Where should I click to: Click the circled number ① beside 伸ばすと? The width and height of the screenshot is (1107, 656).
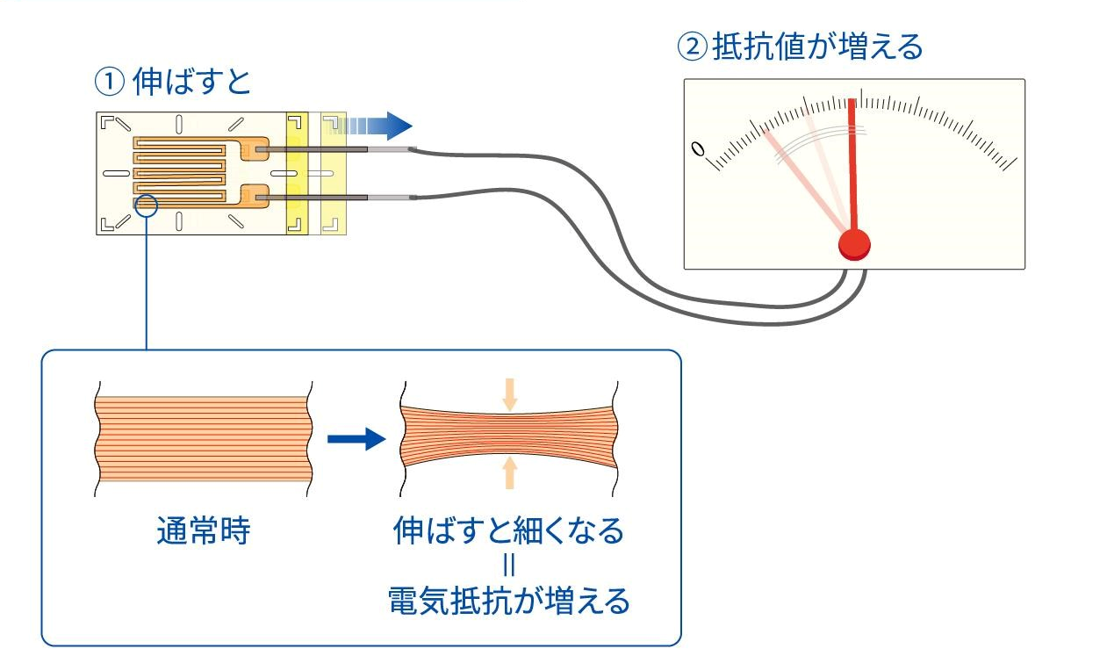point(109,83)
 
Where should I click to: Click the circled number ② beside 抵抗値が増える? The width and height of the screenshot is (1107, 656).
point(692,47)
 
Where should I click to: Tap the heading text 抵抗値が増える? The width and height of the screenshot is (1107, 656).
point(817,47)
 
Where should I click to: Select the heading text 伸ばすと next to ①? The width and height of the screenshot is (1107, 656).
point(191,82)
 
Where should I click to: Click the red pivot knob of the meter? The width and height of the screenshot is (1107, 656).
point(854,244)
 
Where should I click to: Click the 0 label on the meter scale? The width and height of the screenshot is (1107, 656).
point(698,148)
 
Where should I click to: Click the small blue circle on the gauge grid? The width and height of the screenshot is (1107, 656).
point(147,205)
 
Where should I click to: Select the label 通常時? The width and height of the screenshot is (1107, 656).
point(203,531)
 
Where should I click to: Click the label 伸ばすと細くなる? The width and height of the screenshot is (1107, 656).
point(508,531)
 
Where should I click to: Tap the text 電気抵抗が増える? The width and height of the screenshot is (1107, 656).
point(508,602)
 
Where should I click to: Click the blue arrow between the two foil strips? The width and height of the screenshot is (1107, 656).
point(356,439)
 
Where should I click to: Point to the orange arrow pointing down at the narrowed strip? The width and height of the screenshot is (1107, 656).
point(509,394)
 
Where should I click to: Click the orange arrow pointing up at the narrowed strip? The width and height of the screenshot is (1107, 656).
point(509,472)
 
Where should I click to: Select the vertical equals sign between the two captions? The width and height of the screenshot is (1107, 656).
point(509,566)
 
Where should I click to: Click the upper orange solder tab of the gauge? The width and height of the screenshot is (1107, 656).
point(255,148)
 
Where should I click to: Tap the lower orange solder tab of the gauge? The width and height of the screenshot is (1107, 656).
point(255,196)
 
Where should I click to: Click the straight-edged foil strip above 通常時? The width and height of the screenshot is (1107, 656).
point(203,439)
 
